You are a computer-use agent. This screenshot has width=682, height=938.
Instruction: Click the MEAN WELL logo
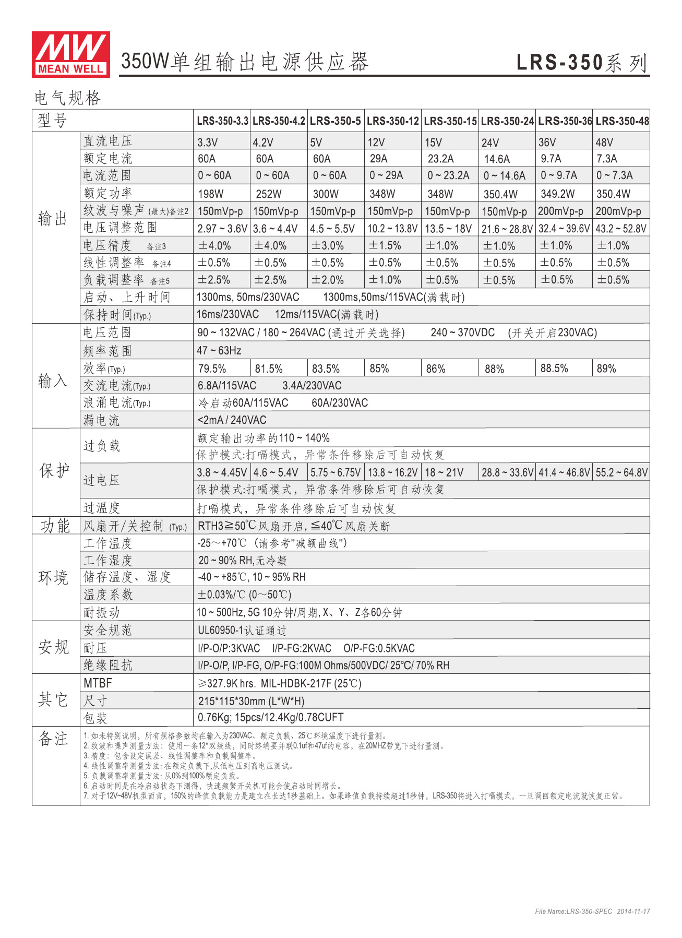pyautogui.click(x=70, y=54)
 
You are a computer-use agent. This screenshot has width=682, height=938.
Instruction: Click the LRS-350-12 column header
pyautogui.click(x=392, y=121)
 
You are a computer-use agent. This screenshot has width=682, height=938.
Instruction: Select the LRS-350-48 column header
pyautogui.click(x=622, y=121)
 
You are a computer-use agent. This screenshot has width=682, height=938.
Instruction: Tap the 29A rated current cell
pyautogui.click(x=378, y=159)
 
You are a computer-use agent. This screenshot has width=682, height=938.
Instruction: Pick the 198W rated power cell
pyautogui.click(x=211, y=194)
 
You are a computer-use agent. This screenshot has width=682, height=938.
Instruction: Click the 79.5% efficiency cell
pyautogui.click(x=212, y=369)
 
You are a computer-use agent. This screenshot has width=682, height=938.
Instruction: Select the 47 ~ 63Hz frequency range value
pyautogui.click(x=219, y=350)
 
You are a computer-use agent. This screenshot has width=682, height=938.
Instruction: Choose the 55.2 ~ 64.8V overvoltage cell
pyautogui.click(x=621, y=472)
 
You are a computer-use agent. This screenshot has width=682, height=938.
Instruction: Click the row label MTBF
pyautogui.click(x=98, y=683)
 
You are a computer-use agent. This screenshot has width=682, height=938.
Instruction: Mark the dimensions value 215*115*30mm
pyautogui.click(x=251, y=700)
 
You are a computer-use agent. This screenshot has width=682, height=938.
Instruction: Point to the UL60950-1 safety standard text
pyautogui.click(x=242, y=630)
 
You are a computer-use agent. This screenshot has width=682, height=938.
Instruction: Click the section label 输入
pyautogui.click(x=53, y=381)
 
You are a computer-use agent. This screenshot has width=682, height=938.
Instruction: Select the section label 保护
pyautogui.click(x=54, y=470)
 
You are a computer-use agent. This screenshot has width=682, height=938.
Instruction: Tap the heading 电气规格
pyautogui.click(x=67, y=98)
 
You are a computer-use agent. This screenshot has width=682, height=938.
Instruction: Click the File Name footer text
pyautogui.click(x=592, y=911)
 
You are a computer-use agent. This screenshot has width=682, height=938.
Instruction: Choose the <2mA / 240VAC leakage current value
pyautogui.click(x=232, y=420)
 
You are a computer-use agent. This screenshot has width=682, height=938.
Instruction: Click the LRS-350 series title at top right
pyautogui.click(x=582, y=63)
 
